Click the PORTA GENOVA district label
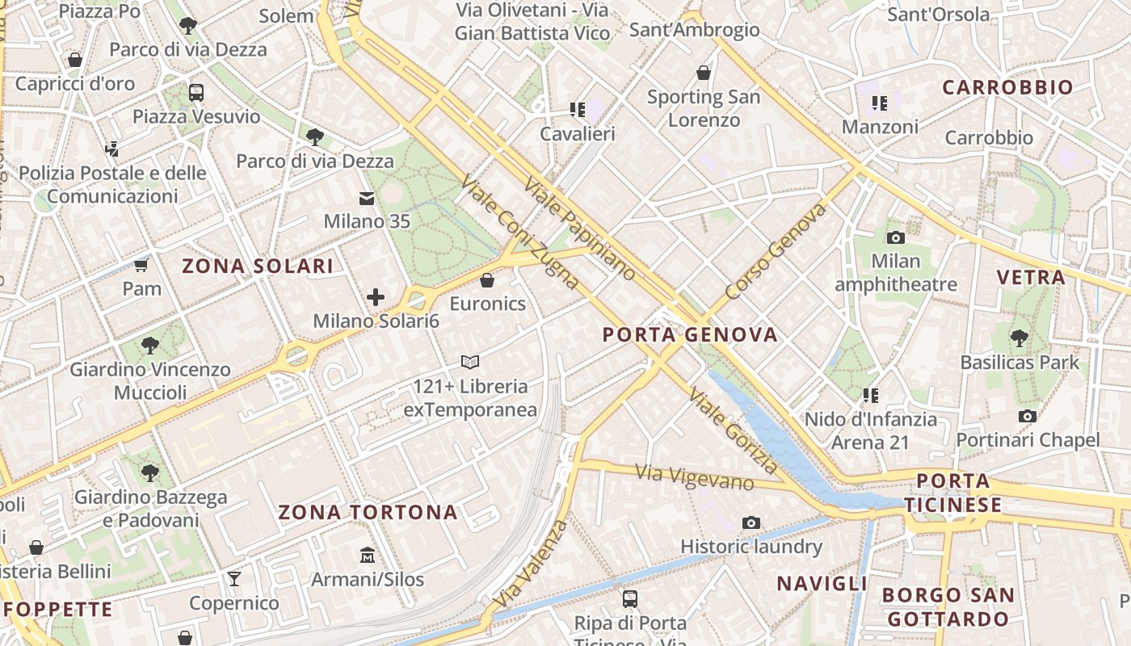(x=690, y=334)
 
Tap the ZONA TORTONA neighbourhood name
(x=368, y=512)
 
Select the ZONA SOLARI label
(x=258, y=266)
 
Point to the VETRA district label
(x=1031, y=278)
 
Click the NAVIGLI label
(x=822, y=583)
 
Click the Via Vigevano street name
(x=694, y=476)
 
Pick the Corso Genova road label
(x=776, y=251)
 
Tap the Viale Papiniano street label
(x=580, y=229)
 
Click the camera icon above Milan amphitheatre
(x=895, y=237)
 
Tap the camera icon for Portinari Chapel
(x=1028, y=416)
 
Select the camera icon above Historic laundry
(x=751, y=522)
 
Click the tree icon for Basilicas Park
(x=1020, y=338)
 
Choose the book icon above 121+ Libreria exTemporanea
(x=470, y=362)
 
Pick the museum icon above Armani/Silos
(x=368, y=555)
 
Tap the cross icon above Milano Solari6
(x=376, y=296)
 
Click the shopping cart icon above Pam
(x=141, y=264)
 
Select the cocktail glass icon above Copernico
(x=234, y=578)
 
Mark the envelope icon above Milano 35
(x=367, y=198)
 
